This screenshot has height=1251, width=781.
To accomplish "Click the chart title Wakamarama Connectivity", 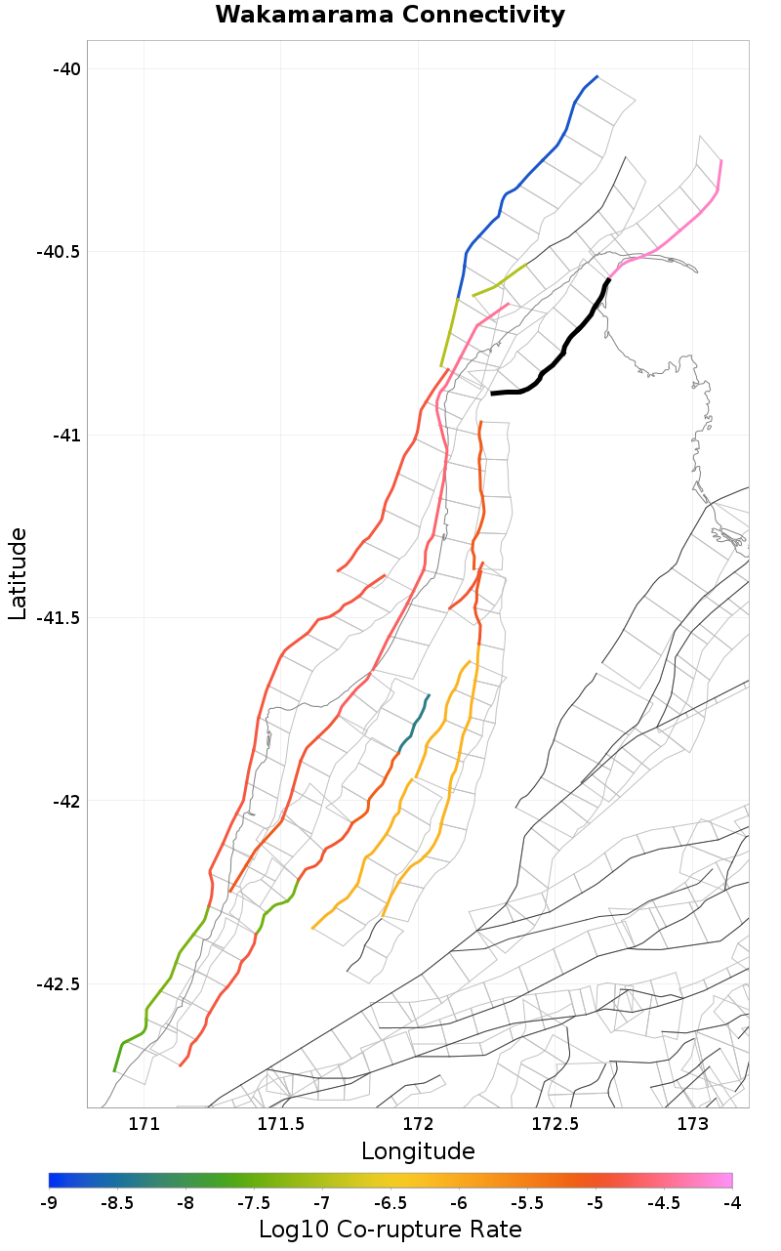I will (390, 16).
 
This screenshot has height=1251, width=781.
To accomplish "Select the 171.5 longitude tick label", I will (280, 1124).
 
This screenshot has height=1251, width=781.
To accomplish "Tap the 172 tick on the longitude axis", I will (418, 1124).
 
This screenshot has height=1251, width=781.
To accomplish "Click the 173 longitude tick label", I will (692, 1124).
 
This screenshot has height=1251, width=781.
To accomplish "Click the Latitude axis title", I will (18, 573).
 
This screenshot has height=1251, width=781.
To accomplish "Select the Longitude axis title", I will (418, 1151).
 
